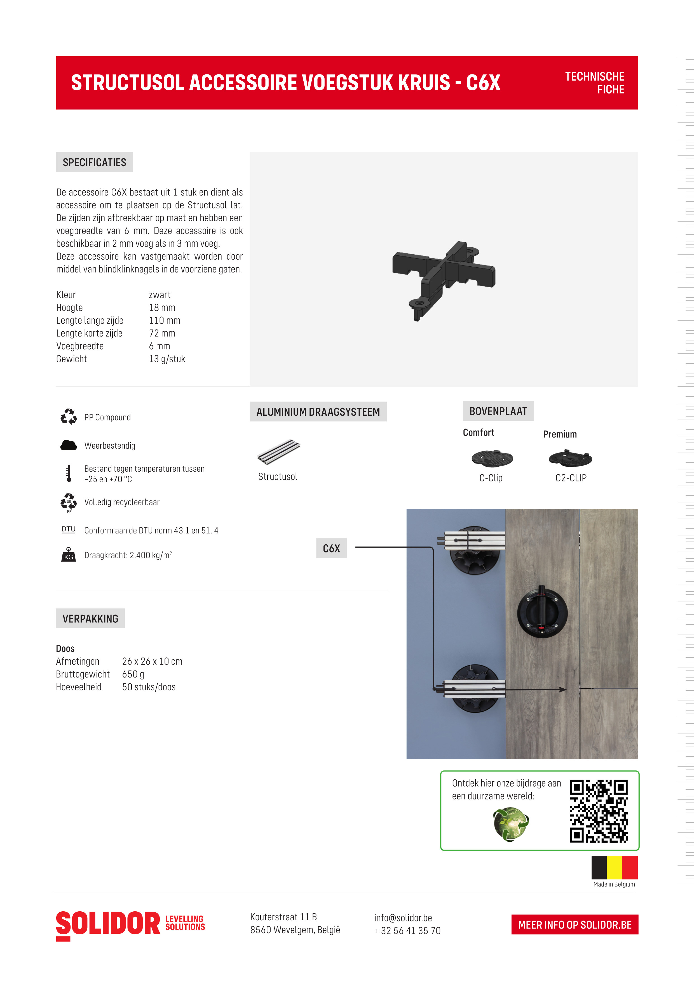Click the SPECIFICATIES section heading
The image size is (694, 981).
pos(94,162)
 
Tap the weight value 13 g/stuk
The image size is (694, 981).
pos(167,359)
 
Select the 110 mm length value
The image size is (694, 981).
pos(165,321)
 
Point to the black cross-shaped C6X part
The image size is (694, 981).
pos(444,278)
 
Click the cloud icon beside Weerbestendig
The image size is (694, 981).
pos(68,445)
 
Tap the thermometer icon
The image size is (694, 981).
pos(68,473)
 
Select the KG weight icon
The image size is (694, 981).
pos(68,555)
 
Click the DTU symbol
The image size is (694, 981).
pos(68,529)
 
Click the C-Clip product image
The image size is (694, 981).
pos(492,458)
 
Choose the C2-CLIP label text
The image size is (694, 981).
pos(571,478)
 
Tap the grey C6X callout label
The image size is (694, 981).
pos(331,548)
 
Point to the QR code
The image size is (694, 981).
pos(598,811)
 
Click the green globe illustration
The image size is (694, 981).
pos(511,824)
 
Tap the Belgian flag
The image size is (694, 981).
pos(614,867)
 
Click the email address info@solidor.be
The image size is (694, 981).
pos(403,918)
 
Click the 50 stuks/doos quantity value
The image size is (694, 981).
pos(149,687)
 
